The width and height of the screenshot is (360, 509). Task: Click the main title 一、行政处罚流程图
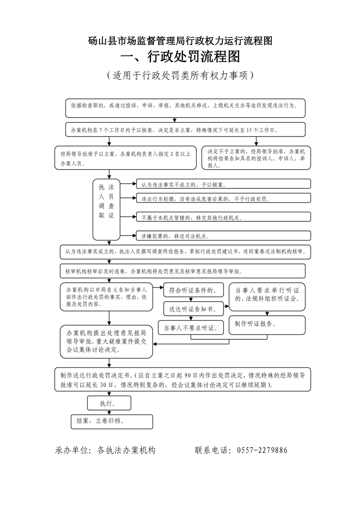[180, 57]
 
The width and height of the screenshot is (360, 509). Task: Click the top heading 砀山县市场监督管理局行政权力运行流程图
[180, 40]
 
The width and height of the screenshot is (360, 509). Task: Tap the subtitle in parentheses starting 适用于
[180, 75]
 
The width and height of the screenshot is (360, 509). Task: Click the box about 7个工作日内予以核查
[185, 130]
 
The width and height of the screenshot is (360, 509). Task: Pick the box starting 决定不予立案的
[256, 158]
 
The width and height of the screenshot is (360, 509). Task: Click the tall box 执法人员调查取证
[106, 209]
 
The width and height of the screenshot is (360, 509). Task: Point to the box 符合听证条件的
[193, 290]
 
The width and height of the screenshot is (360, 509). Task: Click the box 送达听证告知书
[193, 308]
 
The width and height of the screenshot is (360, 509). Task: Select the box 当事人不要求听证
[191, 327]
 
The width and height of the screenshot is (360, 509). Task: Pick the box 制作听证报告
[267, 324]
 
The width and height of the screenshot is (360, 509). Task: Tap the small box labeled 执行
[109, 403]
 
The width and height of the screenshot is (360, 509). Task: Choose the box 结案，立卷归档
[112, 421]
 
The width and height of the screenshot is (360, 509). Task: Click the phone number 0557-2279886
[260, 450]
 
